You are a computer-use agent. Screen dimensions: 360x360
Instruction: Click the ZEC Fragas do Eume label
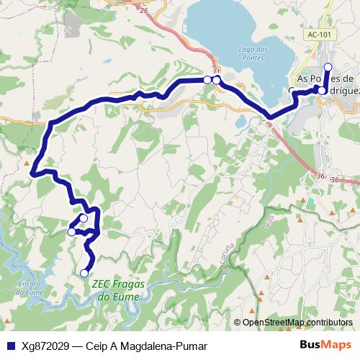click(x=119, y=289)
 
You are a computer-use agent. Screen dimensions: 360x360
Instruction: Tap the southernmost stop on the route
click(x=84, y=272)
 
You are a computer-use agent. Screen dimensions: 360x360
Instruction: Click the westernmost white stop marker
click(x=71, y=232)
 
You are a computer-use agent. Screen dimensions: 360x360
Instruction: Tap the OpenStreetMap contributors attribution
click(x=297, y=323)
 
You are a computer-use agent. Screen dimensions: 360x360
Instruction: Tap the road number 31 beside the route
click(x=216, y=71)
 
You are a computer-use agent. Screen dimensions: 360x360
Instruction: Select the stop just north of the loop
click(x=84, y=217)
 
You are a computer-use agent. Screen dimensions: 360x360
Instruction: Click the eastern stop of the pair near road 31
click(x=216, y=80)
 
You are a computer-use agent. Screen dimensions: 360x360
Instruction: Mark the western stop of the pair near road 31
click(x=207, y=79)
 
